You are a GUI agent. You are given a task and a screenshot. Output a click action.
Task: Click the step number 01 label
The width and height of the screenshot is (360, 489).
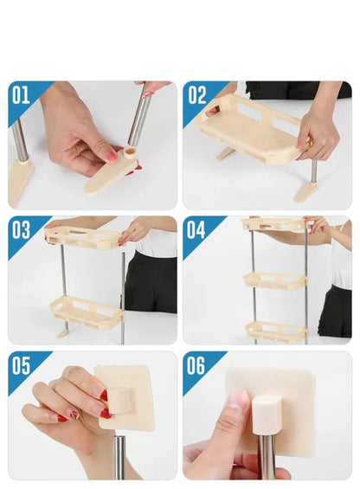pyautogui.click(x=21, y=93)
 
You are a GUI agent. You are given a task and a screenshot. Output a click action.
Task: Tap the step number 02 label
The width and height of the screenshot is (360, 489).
pyautogui.click(x=196, y=93)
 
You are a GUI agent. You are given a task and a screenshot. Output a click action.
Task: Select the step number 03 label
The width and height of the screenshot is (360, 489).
pyautogui.click(x=21, y=229)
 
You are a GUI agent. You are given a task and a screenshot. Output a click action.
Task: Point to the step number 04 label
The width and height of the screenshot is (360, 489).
pyautogui.click(x=196, y=229)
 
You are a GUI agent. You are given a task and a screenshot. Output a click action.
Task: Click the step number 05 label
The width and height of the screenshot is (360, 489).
pyautogui.click(x=21, y=364)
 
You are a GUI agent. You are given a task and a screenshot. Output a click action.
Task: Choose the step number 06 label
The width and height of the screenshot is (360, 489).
pyautogui.click(x=196, y=364)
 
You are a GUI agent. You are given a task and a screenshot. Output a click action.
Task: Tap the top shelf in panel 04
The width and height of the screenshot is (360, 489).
pyautogui.click(x=274, y=225)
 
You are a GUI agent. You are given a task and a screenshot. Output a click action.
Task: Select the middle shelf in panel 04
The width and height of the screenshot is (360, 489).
pyautogui.click(x=275, y=280)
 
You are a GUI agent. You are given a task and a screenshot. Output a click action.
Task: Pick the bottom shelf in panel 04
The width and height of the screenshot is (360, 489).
pyautogui.click(x=275, y=331)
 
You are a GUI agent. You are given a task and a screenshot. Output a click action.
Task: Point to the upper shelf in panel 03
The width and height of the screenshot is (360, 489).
pyautogui.click(x=82, y=236)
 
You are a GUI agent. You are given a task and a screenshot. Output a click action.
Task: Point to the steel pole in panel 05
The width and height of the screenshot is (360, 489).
pyautogui.click(x=119, y=458)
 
